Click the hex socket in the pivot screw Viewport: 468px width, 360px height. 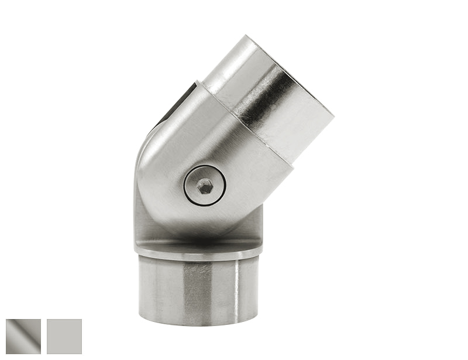[204, 186]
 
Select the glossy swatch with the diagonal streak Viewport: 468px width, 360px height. [23, 337]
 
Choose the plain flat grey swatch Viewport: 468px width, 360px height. [64, 337]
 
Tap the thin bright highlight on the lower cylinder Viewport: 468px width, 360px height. [238, 290]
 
